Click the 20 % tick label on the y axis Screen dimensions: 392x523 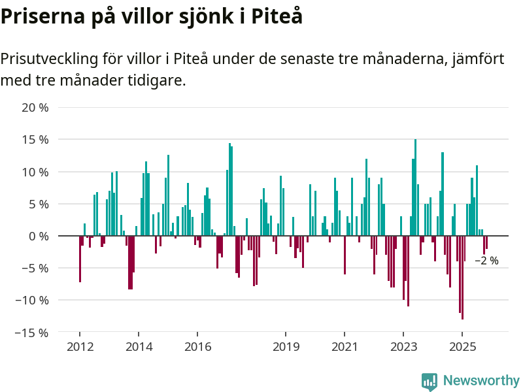coord(35,107)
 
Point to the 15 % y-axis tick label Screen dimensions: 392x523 coord(35,139)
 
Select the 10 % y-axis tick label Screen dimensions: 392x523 coord(35,172)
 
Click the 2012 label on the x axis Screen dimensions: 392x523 coord(80,346)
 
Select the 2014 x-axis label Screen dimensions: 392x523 coord(139,346)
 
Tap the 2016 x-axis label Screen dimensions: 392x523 coord(197,346)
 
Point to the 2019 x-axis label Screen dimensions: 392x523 coord(286,346)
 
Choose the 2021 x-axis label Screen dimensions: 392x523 coord(345,346)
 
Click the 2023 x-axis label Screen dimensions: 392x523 coord(403,346)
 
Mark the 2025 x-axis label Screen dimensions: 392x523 coord(462,346)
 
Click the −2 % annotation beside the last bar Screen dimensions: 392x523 coord(486,261)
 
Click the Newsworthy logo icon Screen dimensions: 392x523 coord(429,382)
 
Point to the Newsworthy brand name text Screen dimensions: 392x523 coord(481,380)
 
